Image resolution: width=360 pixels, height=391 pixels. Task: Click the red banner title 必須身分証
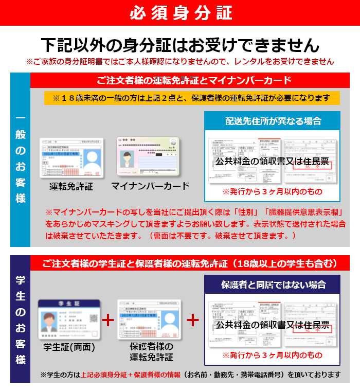pos(180,12)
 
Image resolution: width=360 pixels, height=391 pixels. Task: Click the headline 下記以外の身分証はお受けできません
pos(180,45)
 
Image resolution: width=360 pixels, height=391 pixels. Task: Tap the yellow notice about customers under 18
pos(192,98)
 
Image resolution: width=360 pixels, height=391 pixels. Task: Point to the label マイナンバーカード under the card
pos(151,186)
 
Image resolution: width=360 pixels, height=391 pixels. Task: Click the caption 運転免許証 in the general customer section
pos(71,186)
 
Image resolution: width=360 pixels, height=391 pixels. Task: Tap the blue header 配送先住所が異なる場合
pos(273,121)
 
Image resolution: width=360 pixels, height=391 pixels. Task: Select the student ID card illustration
pos(68,320)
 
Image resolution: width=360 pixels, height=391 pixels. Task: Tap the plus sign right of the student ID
pos(108,320)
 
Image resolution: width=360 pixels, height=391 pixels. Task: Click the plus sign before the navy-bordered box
pos(192,320)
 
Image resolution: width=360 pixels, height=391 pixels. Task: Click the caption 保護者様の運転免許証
pos(151,351)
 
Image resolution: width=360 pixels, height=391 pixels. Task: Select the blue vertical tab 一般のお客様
pos(21,159)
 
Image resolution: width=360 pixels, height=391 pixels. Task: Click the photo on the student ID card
pos(50,322)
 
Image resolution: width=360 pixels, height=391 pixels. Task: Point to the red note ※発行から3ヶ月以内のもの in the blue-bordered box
pos(273,191)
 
